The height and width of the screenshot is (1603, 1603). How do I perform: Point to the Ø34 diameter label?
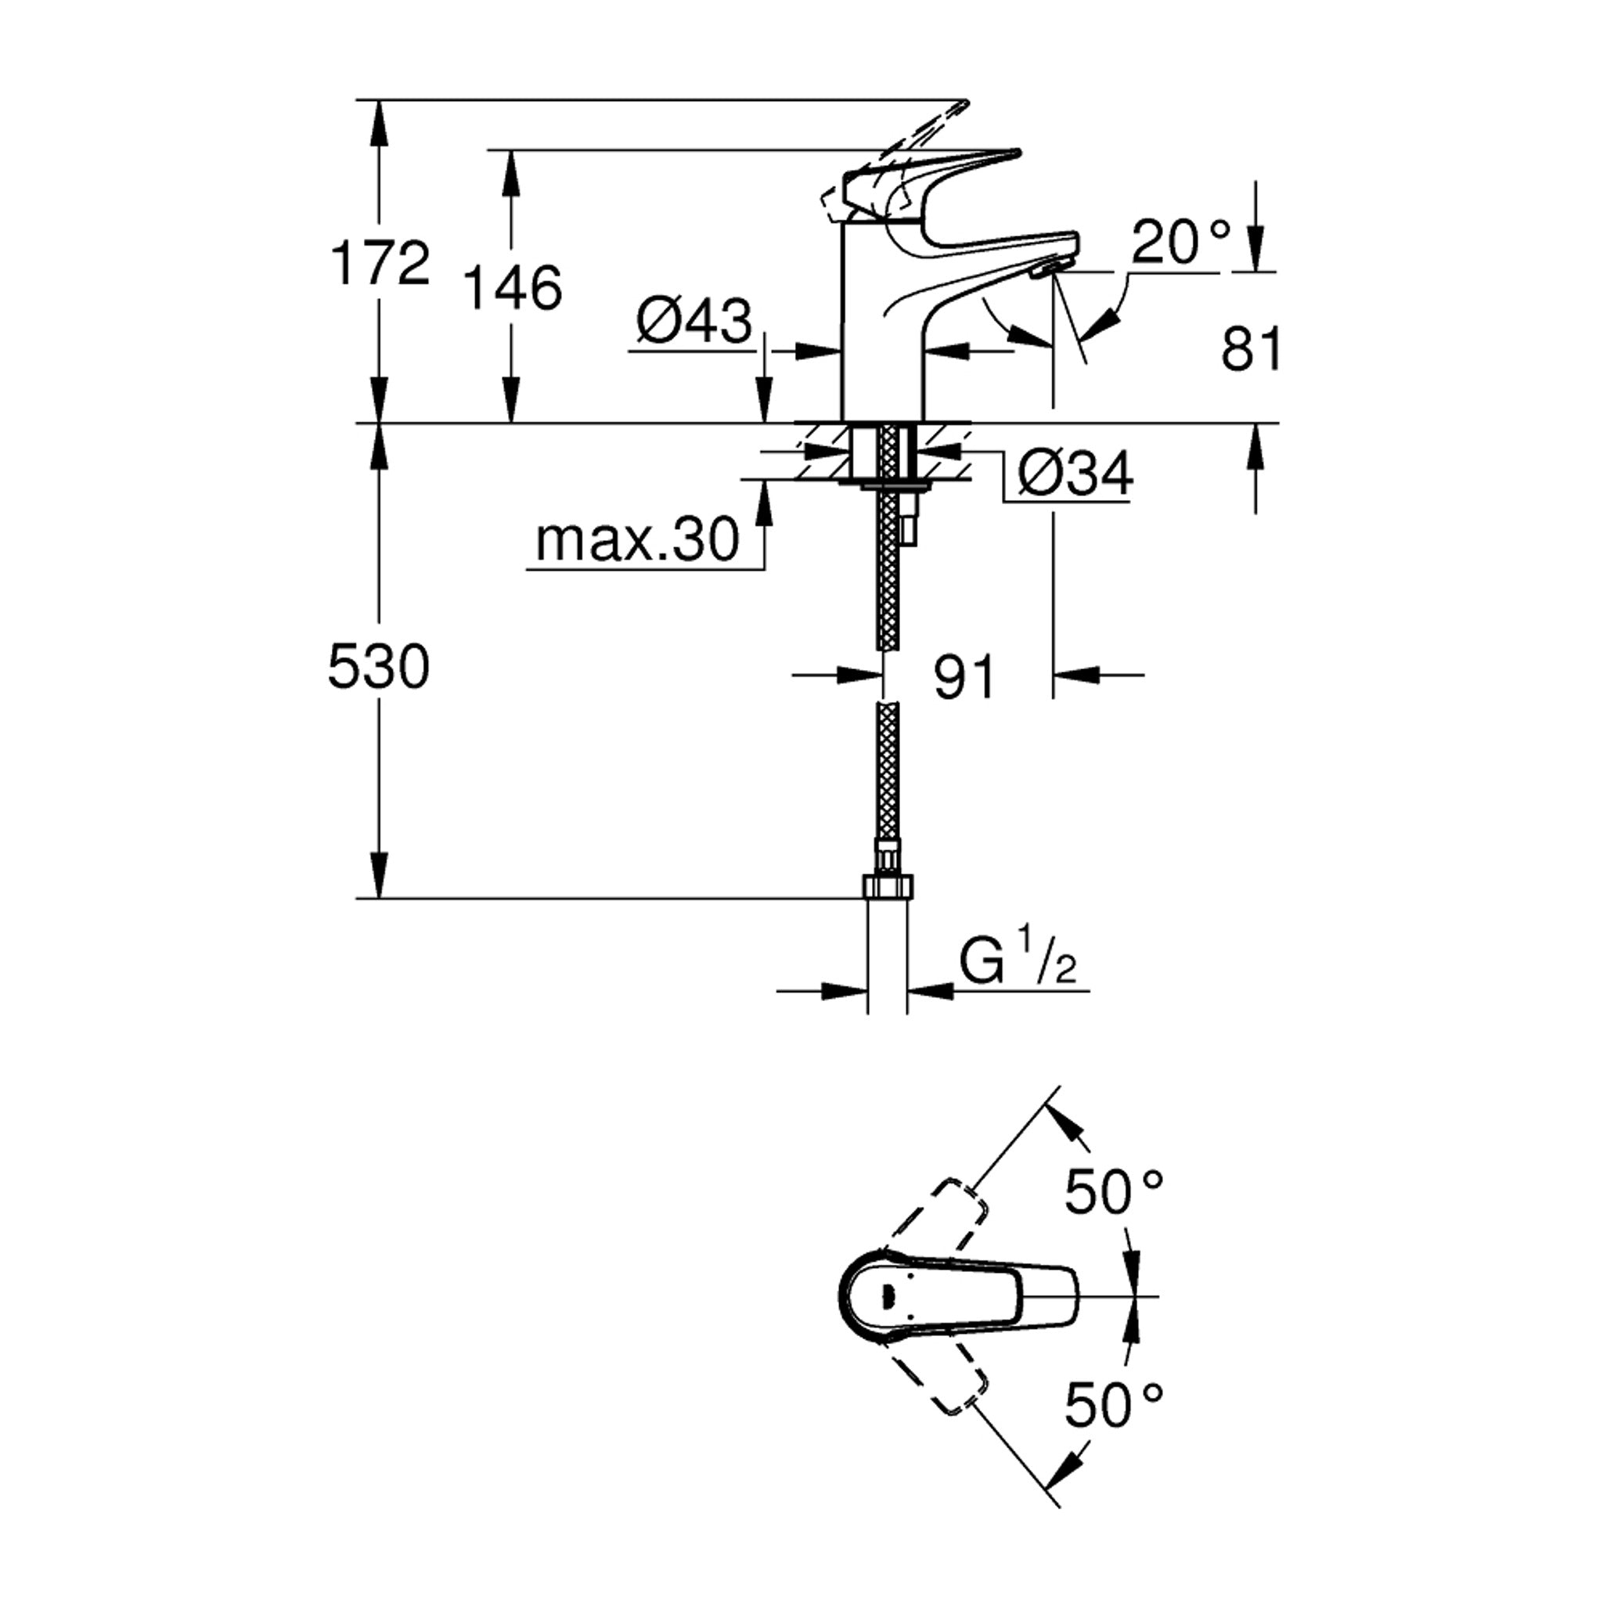1075,474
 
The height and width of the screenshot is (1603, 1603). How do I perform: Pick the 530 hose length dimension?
379,666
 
